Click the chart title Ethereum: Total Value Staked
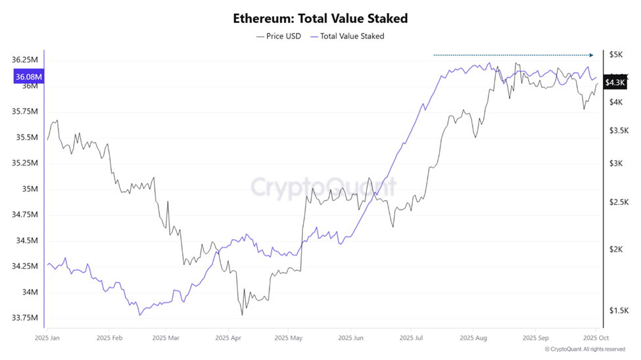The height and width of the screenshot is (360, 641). pyautogui.click(x=320, y=18)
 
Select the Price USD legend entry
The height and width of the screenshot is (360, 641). pyautogui.click(x=279, y=36)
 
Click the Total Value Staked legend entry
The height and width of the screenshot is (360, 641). pyautogui.click(x=348, y=36)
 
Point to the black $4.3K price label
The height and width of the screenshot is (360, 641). pyautogui.click(x=615, y=82)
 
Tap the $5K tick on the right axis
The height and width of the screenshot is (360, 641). pyautogui.click(x=617, y=55)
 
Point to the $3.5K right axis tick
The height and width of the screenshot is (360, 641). pyautogui.click(x=619, y=131)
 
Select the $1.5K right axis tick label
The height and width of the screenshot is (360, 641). pyautogui.click(x=619, y=311)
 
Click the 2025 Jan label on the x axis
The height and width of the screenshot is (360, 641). pyautogui.click(x=48, y=338)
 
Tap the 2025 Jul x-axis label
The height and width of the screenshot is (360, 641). pyautogui.click(x=411, y=338)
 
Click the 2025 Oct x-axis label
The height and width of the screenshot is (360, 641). pyautogui.click(x=595, y=338)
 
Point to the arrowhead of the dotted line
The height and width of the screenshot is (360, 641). pyautogui.click(x=591, y=55)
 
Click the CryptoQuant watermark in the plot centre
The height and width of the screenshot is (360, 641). pyautogui.click(x=323, y=187)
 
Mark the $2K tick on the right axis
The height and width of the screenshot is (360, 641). pyautogui.click(x=617, y=250)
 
